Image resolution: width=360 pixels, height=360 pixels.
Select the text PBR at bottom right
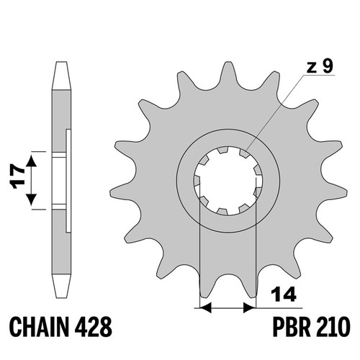point(289,327)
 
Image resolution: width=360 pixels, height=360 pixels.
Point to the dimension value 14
point(284,294)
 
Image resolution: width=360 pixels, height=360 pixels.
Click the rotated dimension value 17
point(18,176)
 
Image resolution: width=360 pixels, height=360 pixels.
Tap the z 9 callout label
point(320,66)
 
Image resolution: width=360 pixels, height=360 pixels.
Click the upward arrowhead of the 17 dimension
point(32,161)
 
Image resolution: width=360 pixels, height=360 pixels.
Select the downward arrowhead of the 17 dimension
point(32,199)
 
